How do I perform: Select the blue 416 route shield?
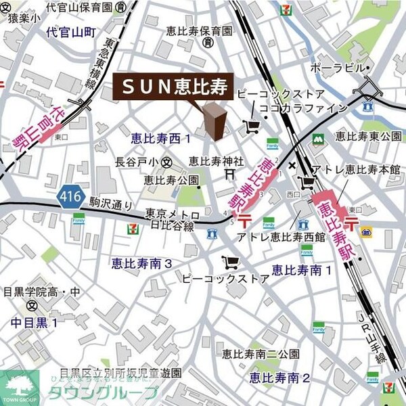coord(71,197)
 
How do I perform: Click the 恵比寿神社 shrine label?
coord(215,161)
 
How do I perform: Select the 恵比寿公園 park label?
coord(171,180)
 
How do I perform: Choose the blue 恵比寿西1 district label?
coord(160,138)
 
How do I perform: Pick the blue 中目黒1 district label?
coord(35,323)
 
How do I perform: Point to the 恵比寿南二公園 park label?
coord(261,354)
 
